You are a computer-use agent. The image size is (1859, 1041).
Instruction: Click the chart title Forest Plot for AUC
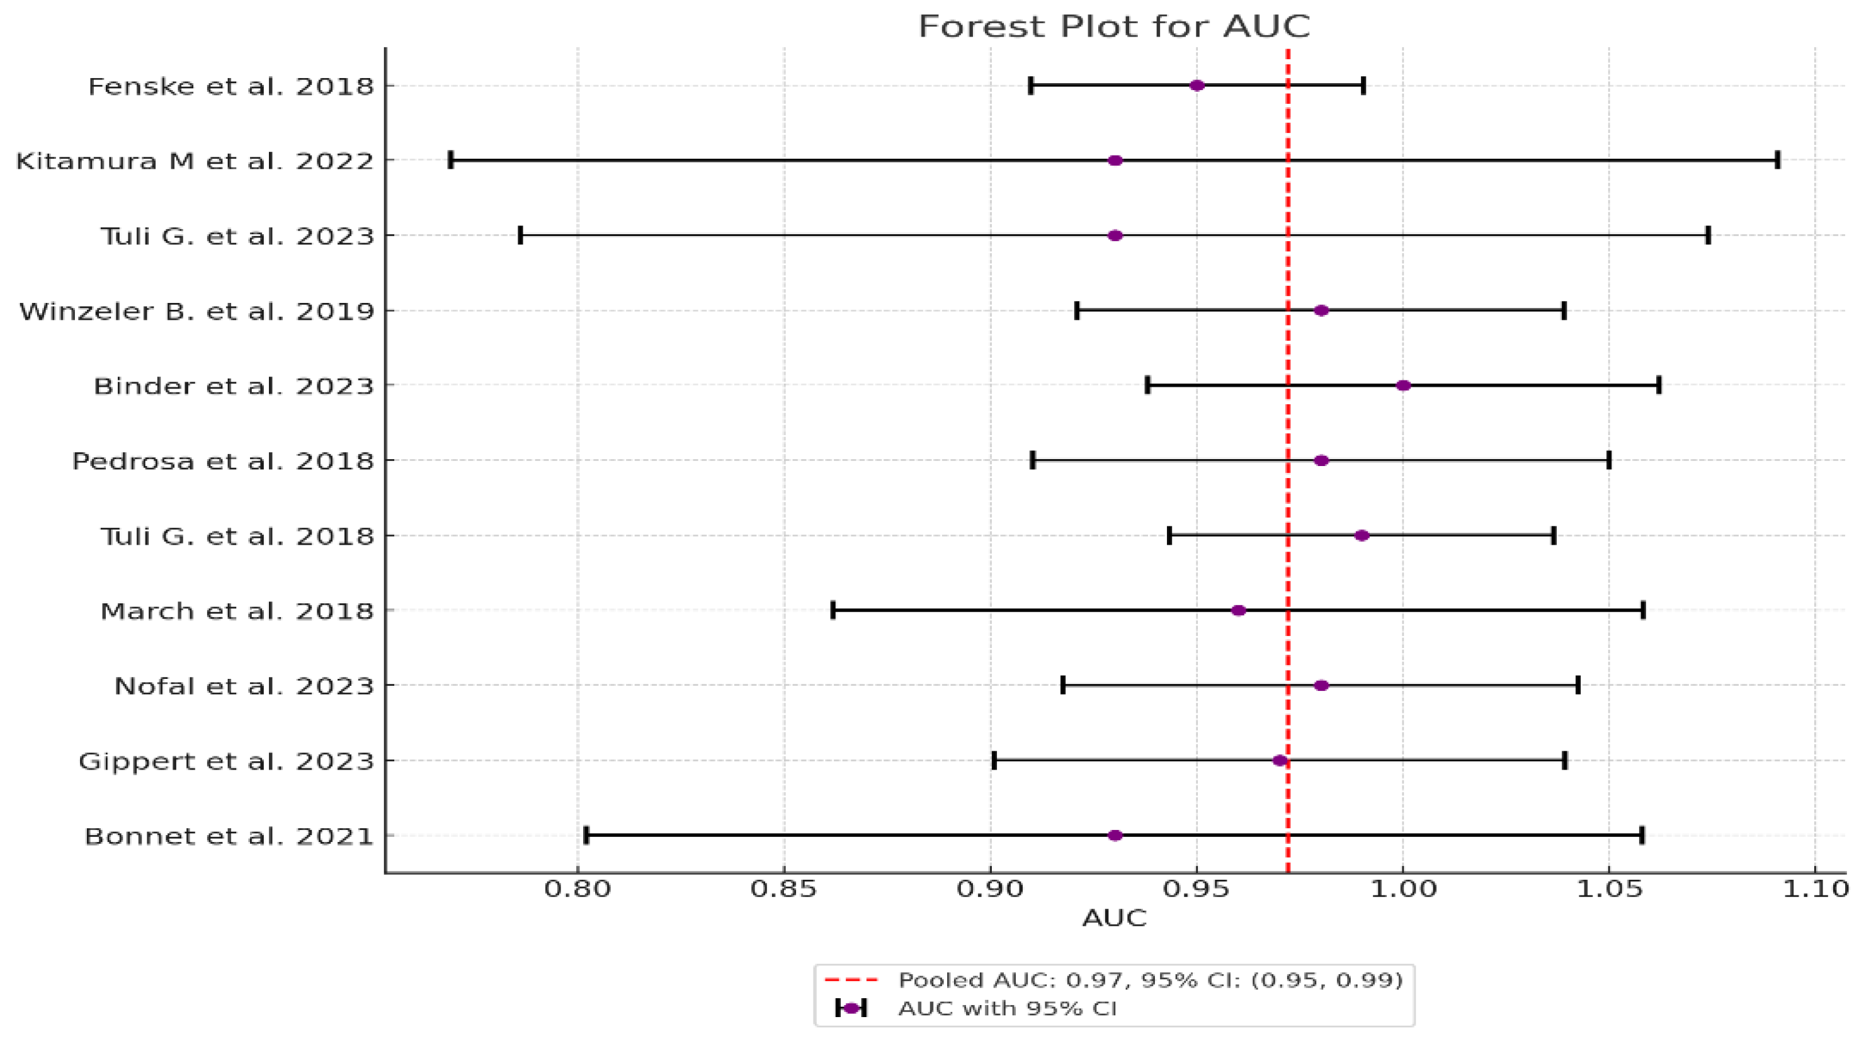tap(1113, 26)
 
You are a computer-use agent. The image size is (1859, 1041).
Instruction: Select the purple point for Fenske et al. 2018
tap(1197, 86)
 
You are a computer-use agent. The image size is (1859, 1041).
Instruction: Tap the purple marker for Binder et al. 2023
tap(1403, 385)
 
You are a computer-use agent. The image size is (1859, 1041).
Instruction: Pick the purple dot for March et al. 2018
tap(1238, 611)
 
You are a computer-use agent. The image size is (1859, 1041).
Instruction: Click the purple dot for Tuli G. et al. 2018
tap(1362, 536)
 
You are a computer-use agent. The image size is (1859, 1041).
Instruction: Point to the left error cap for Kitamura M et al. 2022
tap(451, 160)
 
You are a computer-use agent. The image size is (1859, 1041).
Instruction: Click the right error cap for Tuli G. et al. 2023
tap(1708, 236)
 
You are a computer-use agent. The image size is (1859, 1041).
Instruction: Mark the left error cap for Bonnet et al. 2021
tap(587, 835)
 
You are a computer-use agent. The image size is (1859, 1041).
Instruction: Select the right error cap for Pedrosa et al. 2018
tap(1609, 460)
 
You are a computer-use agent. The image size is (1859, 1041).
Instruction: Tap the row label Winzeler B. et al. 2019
tap(196, 311)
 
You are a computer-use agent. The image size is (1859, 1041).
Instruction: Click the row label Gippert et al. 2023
tap(226, 761)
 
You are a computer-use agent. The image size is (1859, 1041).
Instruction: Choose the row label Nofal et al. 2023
tap(244, 686)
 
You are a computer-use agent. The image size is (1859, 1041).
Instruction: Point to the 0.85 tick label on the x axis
tap(784, 889)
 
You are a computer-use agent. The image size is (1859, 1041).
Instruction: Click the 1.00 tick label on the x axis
tap(1403, 889)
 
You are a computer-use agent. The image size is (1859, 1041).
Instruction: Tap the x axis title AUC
tap(1113, 918)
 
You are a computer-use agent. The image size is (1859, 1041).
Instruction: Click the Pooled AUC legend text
tap(1151, 981)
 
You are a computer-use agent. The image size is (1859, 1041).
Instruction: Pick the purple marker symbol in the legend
tap(851, 1008)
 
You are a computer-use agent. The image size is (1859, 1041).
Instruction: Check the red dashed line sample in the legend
tap(851, 981)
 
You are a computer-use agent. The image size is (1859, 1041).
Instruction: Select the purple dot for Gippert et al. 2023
tap(1280, 761)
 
